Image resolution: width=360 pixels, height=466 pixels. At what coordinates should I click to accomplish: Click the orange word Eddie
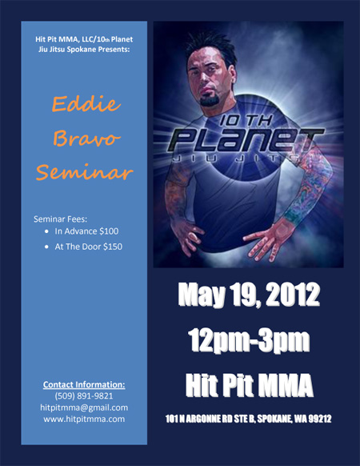[x=86, y=104]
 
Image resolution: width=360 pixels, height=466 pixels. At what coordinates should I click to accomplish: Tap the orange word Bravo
[x=86, y=139]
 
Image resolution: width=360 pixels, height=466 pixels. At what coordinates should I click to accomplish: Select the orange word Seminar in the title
[x=84, y=172]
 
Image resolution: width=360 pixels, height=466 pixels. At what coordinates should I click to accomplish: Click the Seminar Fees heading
[x=60, y=219]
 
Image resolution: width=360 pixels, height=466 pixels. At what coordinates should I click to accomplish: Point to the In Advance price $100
[x=109, y=231]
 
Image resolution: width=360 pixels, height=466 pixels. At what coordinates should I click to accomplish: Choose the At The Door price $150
[x=113, y=247]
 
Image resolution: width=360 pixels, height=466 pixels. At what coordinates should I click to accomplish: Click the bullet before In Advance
[x=46, y=231]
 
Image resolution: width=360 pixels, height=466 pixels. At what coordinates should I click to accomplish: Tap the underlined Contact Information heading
[x=84, y=384]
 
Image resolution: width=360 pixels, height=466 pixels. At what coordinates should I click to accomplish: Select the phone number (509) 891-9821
[x=84, y=396]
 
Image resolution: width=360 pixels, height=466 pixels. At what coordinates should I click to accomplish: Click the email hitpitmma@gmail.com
[x=84, y=408]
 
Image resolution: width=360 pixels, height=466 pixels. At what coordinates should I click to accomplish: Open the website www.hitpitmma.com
[x=84, y=419]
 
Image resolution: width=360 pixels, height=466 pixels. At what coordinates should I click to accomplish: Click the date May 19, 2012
[x=249, y=295]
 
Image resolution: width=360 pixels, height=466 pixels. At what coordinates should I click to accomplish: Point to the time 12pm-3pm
[x=249, y=340]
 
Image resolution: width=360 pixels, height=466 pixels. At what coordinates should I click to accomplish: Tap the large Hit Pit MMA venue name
[x=250, y=385]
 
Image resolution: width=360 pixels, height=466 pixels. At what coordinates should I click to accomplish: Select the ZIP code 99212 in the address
[x=320, y=419]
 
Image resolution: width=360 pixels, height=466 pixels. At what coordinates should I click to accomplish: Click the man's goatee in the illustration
[x=210, y=99]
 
